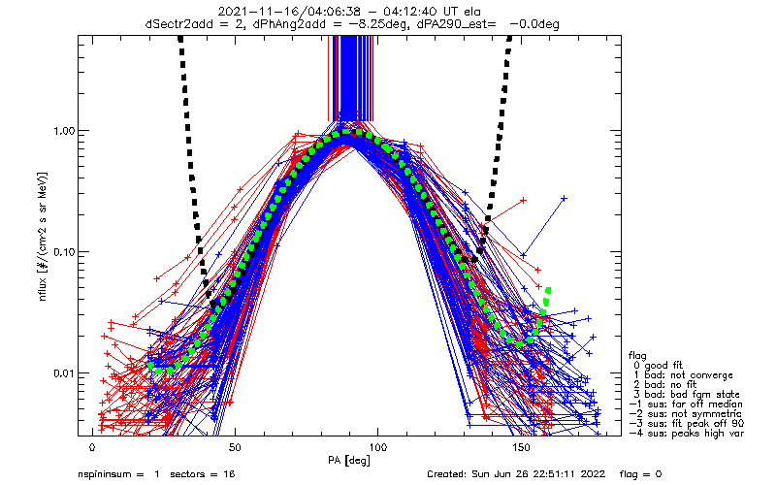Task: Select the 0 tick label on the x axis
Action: (x=92, y=448)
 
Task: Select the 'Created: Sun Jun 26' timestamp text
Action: (x=485, y=474)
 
